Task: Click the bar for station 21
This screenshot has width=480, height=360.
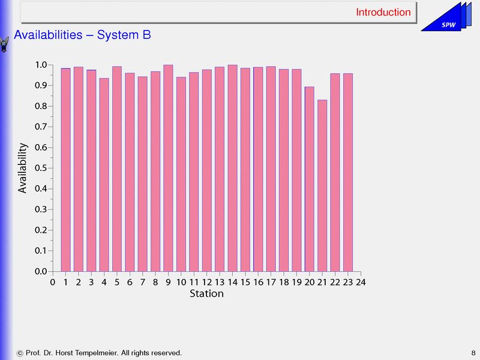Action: click(x=322, y=185)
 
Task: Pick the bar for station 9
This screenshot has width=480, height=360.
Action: click(x=168, y=168)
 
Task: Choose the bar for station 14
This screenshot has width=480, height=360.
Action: click(x=232, y=168)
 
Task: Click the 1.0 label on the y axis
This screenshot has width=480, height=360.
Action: click(x=41, y=65)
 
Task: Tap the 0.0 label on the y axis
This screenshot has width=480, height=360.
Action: click(x=41, y=271)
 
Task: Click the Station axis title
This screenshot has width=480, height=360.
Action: click(x=206, y=294)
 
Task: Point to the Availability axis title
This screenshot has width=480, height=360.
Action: click(x=23, y=168)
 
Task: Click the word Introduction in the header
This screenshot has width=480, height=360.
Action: click(x=383, y=12)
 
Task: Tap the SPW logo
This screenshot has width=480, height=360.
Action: click(x=448, y=24)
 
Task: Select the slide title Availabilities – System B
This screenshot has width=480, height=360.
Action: click(x=82, y=35)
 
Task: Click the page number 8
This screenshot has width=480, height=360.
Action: click(x=473, y=352)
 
